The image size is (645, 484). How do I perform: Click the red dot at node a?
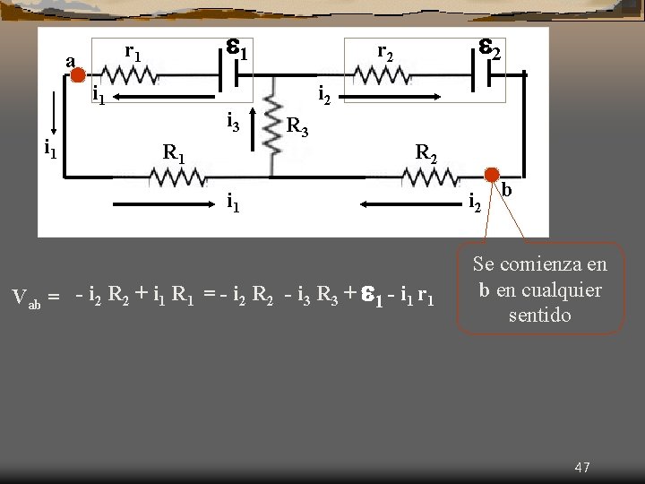click(x=78, y=76)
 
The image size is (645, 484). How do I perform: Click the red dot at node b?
click(x=492, y=174)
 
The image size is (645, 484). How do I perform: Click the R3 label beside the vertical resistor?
click(x=297, y=127)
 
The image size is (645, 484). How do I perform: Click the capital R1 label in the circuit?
click(x=174, y=152)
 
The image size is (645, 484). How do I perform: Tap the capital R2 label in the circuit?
click(x=426, y=152)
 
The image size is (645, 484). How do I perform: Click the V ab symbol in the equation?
click(x=26, y=297)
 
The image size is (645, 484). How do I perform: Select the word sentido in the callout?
click(x=539, y=315)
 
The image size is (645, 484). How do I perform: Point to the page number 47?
click(x=582, y=467)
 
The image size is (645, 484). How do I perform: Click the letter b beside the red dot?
click(x=506, y=190)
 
